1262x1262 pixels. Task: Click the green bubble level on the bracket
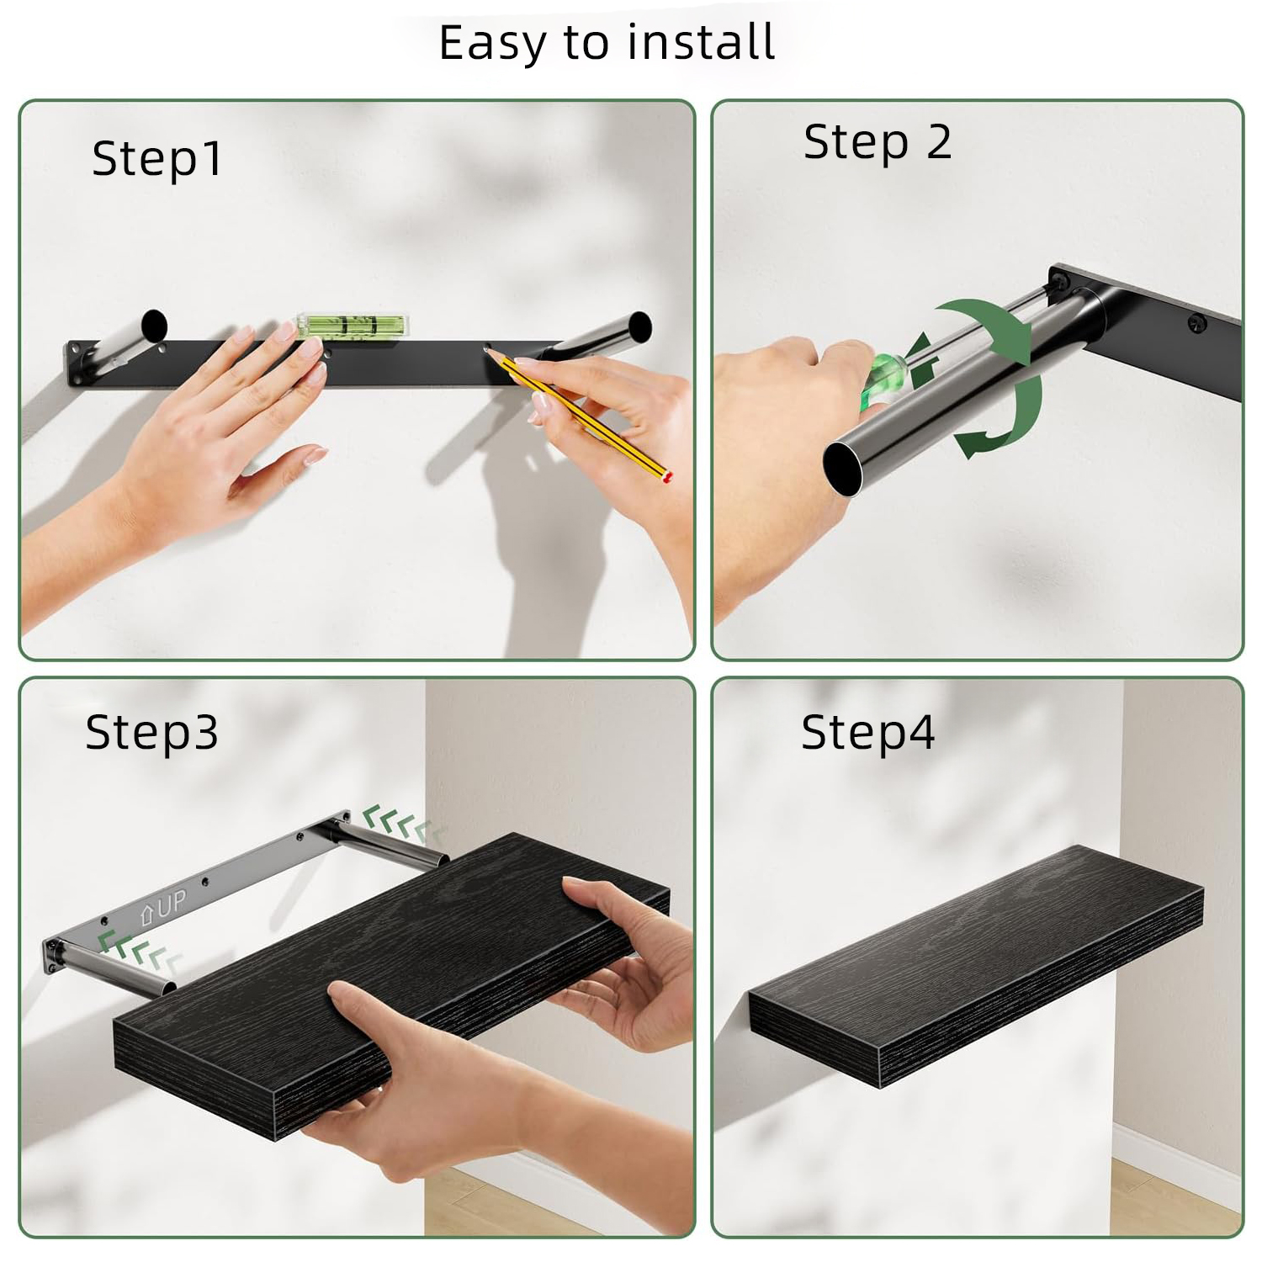(352, 326)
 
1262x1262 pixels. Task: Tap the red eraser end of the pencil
(667, 477)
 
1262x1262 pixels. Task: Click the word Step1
(157, 159)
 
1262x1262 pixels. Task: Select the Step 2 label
(878, 142)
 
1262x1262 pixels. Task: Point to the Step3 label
(152, 733)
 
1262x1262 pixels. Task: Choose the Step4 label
(867, 733)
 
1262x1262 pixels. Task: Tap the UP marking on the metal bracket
(163, 907)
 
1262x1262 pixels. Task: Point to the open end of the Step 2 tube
(843, 468)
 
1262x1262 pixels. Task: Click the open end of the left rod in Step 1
(155, 326)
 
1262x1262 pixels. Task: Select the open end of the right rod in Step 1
(640, 327)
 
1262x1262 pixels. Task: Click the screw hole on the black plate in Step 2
(1196, 322)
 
